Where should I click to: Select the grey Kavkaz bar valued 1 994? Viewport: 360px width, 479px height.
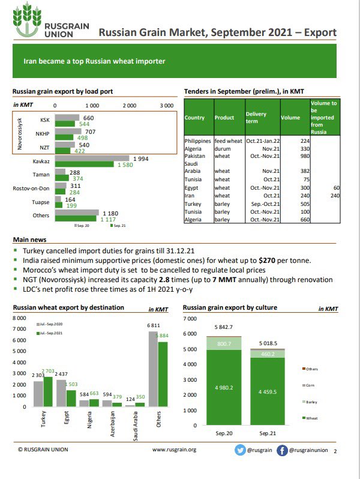[x=92, y=158]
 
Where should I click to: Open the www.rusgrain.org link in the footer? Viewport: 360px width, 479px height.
[x=174, y=450]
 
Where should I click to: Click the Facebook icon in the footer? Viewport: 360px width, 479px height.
[x=281, y=450]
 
